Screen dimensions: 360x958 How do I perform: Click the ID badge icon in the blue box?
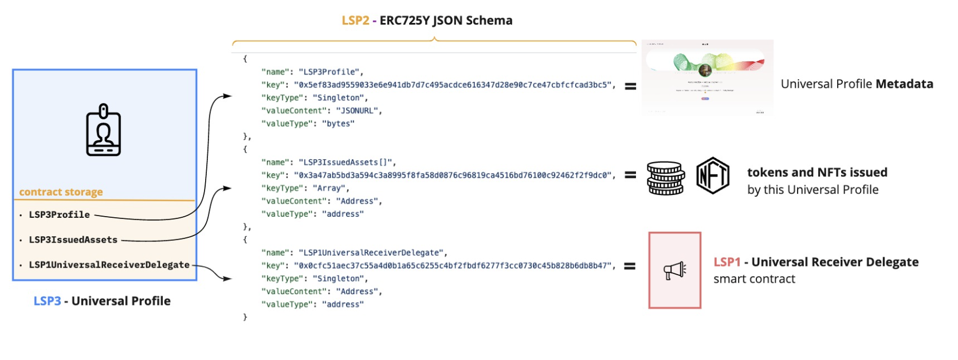pyautogui.click(x=104, y=130)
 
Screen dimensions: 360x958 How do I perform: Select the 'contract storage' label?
pyautogui.click(x=61, y=192)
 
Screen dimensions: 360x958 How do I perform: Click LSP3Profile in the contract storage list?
pyautogui.click(x=60, y=214)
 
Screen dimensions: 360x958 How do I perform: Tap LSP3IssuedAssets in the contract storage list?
pyautogui.click(x=73, y=240)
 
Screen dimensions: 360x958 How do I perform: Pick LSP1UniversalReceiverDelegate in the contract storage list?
pyautogui.click(x=109, y=265)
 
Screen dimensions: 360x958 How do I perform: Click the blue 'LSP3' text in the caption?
pyautogui.click(x=47, y=301)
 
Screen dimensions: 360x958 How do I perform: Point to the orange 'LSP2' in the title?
pyautogui.click(x=355, y=21)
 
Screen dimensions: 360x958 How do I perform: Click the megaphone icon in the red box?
pyautogui.click(x=675, y=270)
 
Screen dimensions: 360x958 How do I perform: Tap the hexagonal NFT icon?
pyautogui.click(x=713, y=175)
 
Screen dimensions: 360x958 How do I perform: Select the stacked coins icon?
pyautogui.click(x=666, y=178)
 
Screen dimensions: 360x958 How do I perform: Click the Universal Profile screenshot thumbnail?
pyautogui.click(x=707, y=77)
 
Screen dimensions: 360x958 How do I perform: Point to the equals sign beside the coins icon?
pyautogui.click(x=630, y=175)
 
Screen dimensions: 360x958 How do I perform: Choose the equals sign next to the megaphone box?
pyautogui.click(x=630, y=266)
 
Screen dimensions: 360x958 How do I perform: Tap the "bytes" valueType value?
pyautogui.click(x=338, y=124)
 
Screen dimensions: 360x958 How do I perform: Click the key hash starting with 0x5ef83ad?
pyautogui.click(x=453, y=85)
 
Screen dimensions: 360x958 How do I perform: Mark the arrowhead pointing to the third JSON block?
pyautogui.click(x=227, y=279)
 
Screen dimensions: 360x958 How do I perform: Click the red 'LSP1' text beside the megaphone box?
pyautogui.click(x=727, y=262)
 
